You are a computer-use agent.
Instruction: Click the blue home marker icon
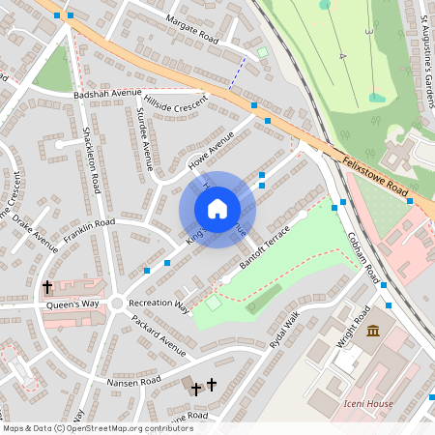[x=217, y=209]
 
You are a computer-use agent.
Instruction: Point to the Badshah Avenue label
[x=107, y=94]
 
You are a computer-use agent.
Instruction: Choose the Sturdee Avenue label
[x=145, y=139]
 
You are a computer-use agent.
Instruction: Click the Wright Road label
[x=354, y=327]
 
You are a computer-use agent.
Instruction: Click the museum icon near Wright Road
[x=373, y=333]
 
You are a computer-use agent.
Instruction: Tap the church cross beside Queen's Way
[x=47, y=287]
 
